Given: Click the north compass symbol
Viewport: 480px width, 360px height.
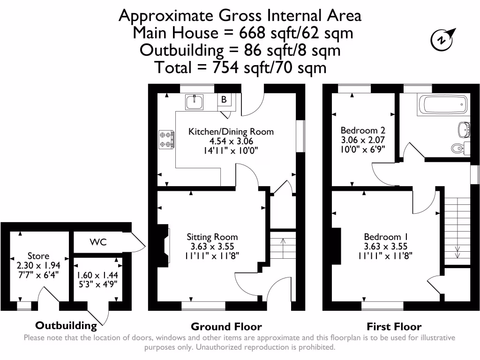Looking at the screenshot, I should pos(442,39).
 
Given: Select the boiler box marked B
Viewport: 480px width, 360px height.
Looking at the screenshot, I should pos(224,99).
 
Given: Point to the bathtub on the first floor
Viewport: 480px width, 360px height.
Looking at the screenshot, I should pos(443,105).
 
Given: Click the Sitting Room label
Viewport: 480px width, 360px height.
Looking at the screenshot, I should pos(212,237).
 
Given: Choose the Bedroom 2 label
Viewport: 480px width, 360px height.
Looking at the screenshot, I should pos(363,130).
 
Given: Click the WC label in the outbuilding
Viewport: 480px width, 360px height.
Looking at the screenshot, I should pos(99,242).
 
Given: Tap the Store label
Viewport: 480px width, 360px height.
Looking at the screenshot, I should pos(38,256).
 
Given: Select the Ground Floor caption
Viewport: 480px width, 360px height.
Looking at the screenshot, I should pos(226,327).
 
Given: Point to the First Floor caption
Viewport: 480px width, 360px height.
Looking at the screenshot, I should pos(394,327).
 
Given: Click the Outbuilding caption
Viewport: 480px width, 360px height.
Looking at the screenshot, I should pos(66,325).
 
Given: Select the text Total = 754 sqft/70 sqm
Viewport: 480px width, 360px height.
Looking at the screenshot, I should pos(240,67).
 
